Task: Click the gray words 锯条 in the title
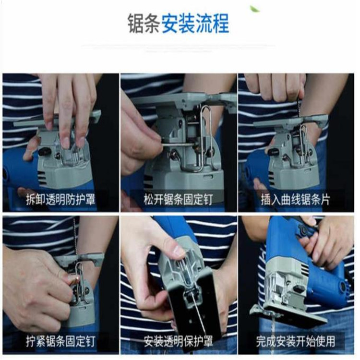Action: click(x=144, y=24)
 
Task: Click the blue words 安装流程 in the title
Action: click(x=195, y=24)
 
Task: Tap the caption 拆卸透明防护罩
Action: click(x=60, y=199)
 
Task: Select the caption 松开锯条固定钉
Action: click(x=178, y=199)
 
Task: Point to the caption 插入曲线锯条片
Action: click(x=296, y=199)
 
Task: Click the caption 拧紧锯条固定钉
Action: click(x=60, y=341)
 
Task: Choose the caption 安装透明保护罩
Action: click(x=178, y=341)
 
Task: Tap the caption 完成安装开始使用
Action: click(x=296, y=341)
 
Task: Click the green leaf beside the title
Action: click(x=255, y=9)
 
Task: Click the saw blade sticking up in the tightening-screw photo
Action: click(x=74, y=237)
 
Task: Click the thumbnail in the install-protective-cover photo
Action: click(x=179, y=251)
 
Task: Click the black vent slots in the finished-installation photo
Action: click(x=305, y=269)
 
